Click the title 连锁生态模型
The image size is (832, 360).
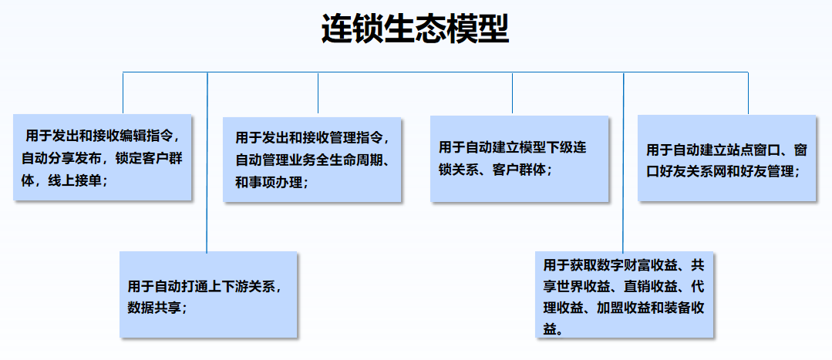point(415,29)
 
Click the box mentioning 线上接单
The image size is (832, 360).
point(102,157)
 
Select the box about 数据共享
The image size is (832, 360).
point(208,294)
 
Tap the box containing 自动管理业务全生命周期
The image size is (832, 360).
point(312,160)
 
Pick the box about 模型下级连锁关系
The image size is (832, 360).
point(519,159)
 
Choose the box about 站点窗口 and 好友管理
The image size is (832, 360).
point(726,158)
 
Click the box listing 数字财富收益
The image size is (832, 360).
point(624,294)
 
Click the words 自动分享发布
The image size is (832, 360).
point(62,158)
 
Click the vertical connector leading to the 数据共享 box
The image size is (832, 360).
point(207,162)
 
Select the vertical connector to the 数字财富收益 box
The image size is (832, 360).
point(624,162)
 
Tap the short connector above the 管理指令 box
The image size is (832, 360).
point(318,93)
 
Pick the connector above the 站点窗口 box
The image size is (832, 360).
point(748,93)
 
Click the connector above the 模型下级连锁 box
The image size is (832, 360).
point(512,93)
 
